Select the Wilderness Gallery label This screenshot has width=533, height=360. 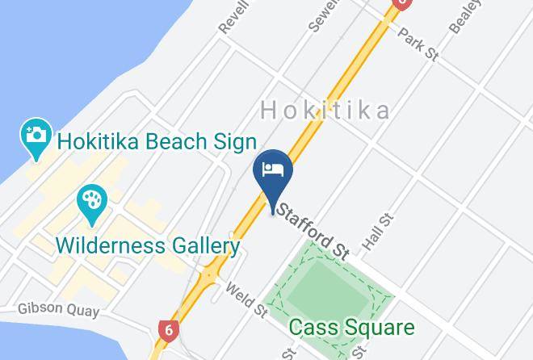pos(148,245)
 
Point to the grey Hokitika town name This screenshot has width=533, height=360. pos(326,111)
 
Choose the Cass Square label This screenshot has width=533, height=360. pos(351,328)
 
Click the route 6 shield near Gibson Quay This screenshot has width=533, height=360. pos(167,329)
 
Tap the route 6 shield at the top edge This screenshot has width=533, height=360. pos(401,3)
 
